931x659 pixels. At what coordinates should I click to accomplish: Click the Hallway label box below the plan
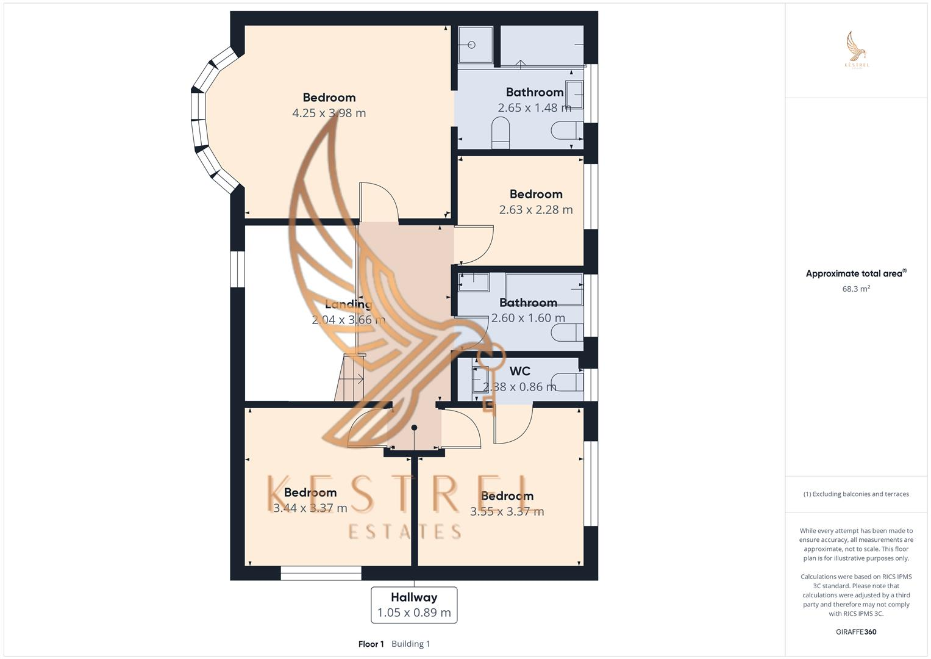coord(414,605)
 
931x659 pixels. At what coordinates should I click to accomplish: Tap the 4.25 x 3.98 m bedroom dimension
coord(329,113)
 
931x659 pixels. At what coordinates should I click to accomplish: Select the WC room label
coord(519,371)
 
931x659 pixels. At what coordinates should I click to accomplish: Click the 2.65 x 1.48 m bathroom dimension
coord(534,108)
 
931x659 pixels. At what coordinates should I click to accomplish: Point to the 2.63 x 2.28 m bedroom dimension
coord(535,210)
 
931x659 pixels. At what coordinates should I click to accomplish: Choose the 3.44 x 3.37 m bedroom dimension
coord(310,508)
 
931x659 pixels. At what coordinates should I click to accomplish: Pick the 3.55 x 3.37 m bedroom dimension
coord(507,512)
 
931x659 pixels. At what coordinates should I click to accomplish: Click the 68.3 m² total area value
coord(855,289)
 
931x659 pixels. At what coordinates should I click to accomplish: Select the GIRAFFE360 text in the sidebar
coord(855,632)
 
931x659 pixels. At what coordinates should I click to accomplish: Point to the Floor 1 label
coord(371,644)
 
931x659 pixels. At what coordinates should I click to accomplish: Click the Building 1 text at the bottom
coord(410,644)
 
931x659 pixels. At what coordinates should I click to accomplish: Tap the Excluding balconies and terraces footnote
coord(855,494)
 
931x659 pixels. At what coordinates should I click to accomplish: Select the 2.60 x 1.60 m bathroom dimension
coord(528,318)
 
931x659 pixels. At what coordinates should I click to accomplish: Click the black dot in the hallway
coord(414,427)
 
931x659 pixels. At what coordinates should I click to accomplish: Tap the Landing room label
coord(348,304)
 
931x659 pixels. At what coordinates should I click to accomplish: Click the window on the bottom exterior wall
coord(321,573)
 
